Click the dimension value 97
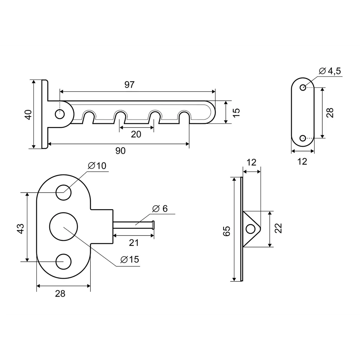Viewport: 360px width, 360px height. pyautogui.click(x=129, y=85)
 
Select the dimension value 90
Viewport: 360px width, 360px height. pyautogui.click(x=121, y=151)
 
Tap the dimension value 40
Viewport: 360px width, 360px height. pyautogui.click(x=28, y=114)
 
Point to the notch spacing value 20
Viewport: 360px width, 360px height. pyautogui.click(x=136, y=134)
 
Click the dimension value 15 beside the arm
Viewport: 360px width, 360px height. pyautogui.click(x=236, y=112)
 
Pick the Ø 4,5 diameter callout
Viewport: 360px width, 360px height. pyautogui.click(x=329, y=71)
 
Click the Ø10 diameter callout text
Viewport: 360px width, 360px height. pyautogui.click(x=97, y=166)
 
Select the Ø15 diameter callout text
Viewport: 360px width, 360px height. pyautogui.click(x=130, y=260)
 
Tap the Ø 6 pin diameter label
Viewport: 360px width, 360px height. pyautogui.click(x=160, y=208)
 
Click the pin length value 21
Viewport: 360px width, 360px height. pyautogui.click(x=134, y=243)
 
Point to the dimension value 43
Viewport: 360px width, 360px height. pyautogui.click(x=20, y=228)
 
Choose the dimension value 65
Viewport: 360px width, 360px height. pyautogui.click(x=226, y=231)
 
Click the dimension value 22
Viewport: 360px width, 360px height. pyautogui.click(x=278, y=228)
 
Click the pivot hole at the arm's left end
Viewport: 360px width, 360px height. pyautogui.click(x=60, y=114)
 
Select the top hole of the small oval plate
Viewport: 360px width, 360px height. pyautogui.click(x=303, y=87)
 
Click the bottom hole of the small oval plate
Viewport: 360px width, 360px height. pyautogui.click(x=303, y=138)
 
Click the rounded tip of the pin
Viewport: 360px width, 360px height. pyautogui.click(x=154, y=225)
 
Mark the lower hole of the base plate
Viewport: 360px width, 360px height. pyautogui.click(x=63, y=261)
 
